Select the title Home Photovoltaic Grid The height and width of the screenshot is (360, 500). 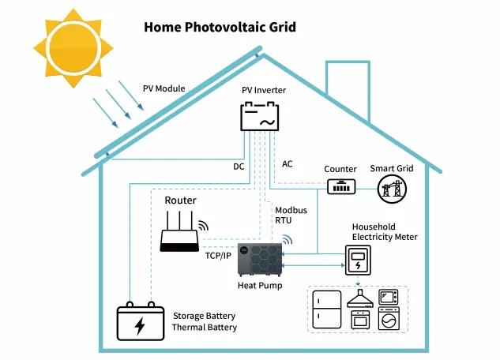220,28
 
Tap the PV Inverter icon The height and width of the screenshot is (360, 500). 260,118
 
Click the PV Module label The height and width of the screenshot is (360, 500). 164,88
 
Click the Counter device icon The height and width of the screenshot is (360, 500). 340,186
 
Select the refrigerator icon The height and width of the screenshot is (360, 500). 326,309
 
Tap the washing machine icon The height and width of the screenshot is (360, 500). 389,320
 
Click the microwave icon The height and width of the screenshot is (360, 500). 389,297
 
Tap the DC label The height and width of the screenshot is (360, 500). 239,167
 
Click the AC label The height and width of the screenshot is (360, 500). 288,164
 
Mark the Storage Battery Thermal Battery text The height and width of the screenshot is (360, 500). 205,322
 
